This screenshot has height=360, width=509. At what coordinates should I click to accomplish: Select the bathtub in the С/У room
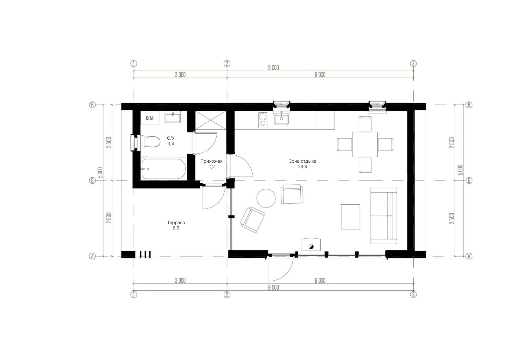click(x=164, y=169)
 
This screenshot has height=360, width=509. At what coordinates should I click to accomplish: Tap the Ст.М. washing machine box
click(x=150, y=118)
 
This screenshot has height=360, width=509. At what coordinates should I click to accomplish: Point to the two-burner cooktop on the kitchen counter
click(x=263, y=120)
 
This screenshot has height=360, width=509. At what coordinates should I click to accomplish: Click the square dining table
click(x=365, y=145)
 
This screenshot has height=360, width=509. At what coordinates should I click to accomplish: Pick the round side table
click(x=266, y=198)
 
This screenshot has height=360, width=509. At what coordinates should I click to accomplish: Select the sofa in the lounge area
click(x=384, y=216)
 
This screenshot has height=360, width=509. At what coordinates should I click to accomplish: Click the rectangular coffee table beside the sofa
click(x=350, y=217)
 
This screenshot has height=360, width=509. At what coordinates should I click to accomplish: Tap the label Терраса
click(x=176, y=222)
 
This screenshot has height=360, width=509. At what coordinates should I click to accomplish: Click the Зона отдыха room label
click(x=303, y=161)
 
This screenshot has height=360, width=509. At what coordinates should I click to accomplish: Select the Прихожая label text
click(x=211, y=161)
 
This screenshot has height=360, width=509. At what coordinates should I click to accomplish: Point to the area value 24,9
click(x=303, y=167)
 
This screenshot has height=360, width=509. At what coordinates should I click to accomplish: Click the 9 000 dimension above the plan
click(x=273, y=67)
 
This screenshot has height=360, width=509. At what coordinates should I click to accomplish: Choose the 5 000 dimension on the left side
click(x=100, y=173)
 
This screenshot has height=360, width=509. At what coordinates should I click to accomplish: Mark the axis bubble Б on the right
click(x=469, y=180)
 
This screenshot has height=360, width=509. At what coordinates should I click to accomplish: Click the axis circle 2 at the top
click(x=227, y=63)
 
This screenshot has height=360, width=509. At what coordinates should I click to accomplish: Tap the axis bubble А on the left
click(x=92, y=256)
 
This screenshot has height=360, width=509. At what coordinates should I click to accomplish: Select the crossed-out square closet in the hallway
click(x=211, y=120)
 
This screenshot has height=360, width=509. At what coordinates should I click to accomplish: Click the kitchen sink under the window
click(x=281, y=119)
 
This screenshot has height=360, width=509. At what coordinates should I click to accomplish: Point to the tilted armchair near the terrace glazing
click(x=253, y=220)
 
